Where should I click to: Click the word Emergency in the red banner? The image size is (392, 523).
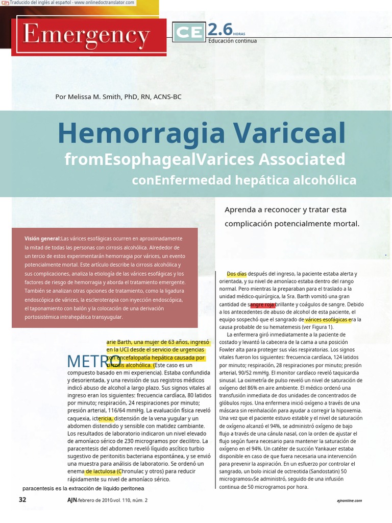coord(86,36)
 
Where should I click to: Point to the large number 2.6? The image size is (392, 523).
coord(220,30)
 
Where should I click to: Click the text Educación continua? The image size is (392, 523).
coord(232,41)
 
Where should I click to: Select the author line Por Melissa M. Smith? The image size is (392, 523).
coord(118,97)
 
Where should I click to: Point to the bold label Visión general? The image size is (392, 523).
coord(42,239)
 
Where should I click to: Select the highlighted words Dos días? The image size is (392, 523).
coord(236,274)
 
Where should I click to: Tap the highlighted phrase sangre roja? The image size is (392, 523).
coord(262,304)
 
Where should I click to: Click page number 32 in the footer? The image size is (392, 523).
coord(22,500)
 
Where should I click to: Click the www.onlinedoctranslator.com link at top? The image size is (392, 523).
coord(105,3)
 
